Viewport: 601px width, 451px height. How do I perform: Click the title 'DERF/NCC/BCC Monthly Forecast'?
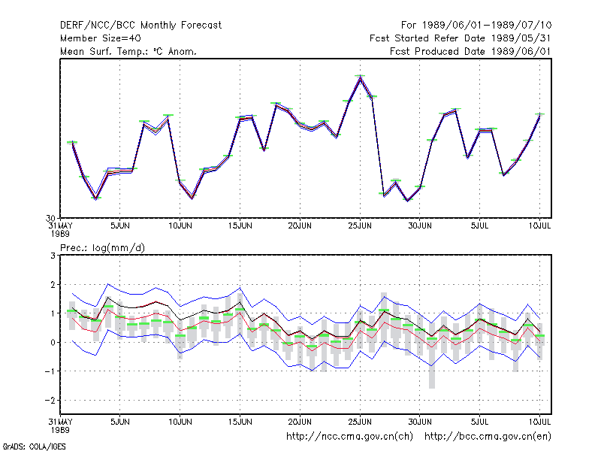click(140, 26)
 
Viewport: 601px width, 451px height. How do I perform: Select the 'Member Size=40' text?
click(101, 38)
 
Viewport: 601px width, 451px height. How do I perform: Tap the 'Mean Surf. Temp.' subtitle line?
click(128, 51)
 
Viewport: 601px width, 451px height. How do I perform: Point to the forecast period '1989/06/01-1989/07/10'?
click(487, 26)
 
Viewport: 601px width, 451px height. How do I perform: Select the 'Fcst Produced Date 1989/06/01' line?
click(470, 51)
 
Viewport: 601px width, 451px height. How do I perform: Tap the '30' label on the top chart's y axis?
click(50, 218)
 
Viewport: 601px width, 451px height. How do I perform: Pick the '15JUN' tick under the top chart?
click(240, 225)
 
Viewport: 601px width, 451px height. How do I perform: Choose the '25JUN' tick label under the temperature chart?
click(360, 225)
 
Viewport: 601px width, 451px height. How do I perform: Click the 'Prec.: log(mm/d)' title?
click(102, 248)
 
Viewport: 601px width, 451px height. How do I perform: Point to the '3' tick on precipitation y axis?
click(53, 256)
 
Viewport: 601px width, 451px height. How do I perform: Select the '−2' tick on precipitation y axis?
click(50, 400)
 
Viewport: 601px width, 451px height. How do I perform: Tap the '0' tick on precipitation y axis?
click(53, 342)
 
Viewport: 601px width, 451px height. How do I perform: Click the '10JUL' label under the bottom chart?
click(539, 422)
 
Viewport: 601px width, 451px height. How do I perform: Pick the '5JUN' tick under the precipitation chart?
click(120, 422)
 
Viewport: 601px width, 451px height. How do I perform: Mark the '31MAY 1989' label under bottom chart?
click(61, 425)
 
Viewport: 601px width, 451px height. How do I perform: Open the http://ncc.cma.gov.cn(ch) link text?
click(349, 437)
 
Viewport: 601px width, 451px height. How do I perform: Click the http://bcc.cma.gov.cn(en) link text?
click(488, 437)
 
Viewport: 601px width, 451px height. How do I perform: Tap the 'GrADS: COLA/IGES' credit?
click(34, 446)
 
